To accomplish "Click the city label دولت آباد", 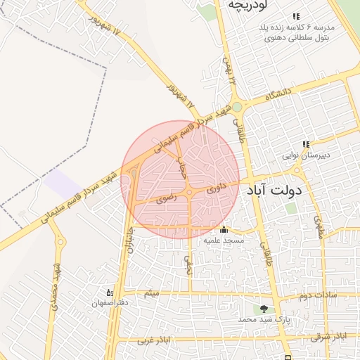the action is [275, 190].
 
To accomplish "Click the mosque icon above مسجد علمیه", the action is [224, 229].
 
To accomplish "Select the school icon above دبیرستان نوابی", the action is [306, 145].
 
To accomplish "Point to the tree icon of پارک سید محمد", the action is [264, 308].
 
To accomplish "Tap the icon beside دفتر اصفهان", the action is [110, 291].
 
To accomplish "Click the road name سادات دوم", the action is [317, 295].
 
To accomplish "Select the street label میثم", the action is [150, 292].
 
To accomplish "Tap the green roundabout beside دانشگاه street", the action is [238, 108].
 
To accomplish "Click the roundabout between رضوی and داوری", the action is [190, 193].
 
